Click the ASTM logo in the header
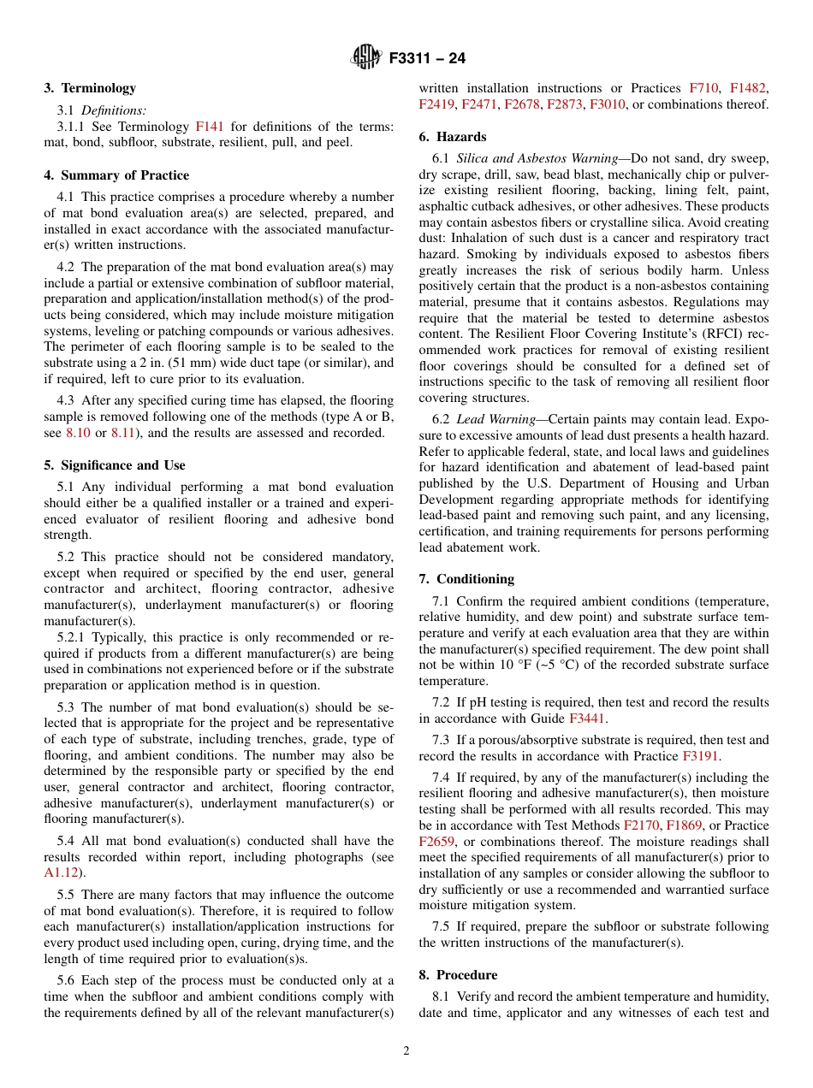coord(365,58)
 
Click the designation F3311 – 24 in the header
coord(427,59)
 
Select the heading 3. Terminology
coord(90,88)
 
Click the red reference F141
coord(210,127)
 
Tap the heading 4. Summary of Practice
coord(116,175)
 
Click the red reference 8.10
coord(78,433)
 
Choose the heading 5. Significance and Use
coord(114,465)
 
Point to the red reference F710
coord(703,88)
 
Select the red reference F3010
coord(608,104)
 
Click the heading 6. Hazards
coord(453,137)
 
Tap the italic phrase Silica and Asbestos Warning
coord(537,159)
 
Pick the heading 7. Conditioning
coord(466,579)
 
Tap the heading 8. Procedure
coord(458,975)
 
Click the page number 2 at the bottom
coord(406,1051)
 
